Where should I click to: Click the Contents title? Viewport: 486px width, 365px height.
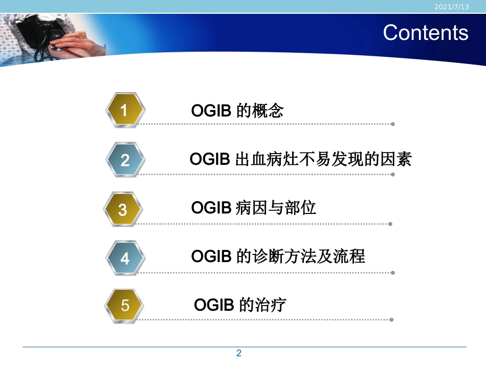tap(425, 32)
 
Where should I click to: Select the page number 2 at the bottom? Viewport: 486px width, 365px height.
tap(238, 353)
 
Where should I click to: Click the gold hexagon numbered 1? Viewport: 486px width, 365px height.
tap(125, 111)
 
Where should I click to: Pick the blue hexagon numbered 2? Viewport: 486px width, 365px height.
tap(125, 160)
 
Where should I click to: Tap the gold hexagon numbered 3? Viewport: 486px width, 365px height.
tap(123, 209)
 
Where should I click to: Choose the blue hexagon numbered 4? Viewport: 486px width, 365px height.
tap(125, 259)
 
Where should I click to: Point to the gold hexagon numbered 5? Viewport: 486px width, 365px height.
tap(125, 306)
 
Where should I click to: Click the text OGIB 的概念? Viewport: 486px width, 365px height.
tap(237, 111)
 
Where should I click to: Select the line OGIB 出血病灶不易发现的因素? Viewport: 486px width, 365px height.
tap(300, 159)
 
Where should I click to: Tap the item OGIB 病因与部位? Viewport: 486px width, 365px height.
tap(254, 208)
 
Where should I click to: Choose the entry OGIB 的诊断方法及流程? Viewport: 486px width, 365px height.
tap(278, 256)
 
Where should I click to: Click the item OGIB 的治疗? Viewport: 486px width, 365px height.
tap(240, 305)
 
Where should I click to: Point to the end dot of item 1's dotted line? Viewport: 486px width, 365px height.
tap(392, 124)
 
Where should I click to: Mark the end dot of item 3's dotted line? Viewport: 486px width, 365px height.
tap(390, 224)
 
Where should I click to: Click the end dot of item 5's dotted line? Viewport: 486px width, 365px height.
tap(391, 320)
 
